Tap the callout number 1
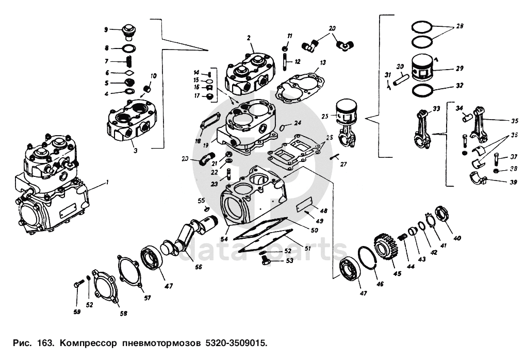coord(107,182)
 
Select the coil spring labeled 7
coord(130,62)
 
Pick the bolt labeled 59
coord(79,284)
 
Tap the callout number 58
coord(124,313)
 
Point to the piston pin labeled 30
coord(401,80)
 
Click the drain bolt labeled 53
coord(266,263)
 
